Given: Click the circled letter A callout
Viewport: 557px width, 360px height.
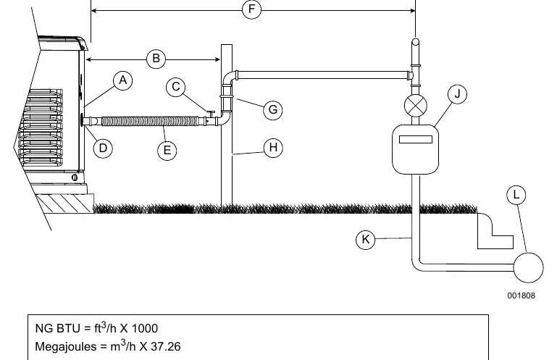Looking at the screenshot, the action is pyautogui.click(x=123, y=80).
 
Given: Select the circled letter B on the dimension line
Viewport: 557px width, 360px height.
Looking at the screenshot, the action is pyautogui.click(x=156, y=59).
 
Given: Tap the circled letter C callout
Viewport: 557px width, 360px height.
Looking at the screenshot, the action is pyautogui.click(x=176, y=87).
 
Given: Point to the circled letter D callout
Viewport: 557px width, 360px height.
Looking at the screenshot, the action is pyautogui.click(x=103, y=148).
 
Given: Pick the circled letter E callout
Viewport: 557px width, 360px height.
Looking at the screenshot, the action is pyautogui.click(x=167, y=151).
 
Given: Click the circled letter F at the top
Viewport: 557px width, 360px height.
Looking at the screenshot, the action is pyautogui.click(x=252, y=9).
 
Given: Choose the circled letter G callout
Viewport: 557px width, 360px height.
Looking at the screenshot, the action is pyautogui.click(x=273, y=110).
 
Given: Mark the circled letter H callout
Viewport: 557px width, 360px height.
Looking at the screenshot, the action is pyautogui.click(x=273, y=148).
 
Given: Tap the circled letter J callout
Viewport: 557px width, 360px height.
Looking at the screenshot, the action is pyautogui.click(x=457, y=94).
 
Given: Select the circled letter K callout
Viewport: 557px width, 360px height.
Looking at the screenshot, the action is pyautogui.click(x=366, y=240).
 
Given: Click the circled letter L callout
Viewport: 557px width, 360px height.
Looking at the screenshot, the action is pyautogui.click(x=516, y=195).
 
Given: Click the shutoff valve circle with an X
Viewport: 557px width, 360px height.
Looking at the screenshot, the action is pyautogui.click(x=416, y=106).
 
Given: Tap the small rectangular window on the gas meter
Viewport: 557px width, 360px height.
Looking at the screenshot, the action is pyautogui.click(x=416, y=139).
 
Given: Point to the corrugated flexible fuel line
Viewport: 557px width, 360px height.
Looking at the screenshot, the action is pyautogui.click(x=151, y=121).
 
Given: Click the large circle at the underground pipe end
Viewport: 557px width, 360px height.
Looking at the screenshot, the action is pyautogui.click(x=529, y=267).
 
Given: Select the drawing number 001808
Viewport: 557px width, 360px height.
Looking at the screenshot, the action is pyautogui.click(x=521, y=296).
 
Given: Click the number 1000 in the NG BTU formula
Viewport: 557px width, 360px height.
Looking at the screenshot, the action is pyautogui.click(x=145, y=328).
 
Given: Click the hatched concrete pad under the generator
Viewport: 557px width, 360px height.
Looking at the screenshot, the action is pyautogui.click(x=64, y=204).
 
